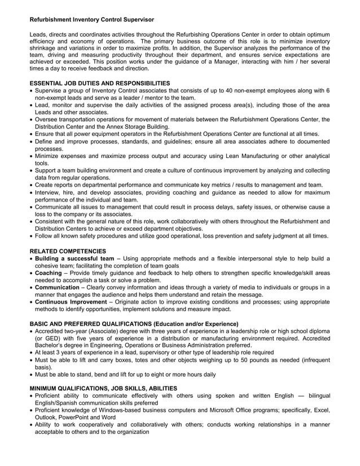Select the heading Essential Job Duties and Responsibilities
tap(99, 83)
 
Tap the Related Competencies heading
tap(67, 251)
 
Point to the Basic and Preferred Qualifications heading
tap(134, 324)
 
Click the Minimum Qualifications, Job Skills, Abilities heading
tap(103, 388)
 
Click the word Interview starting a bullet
tap(50, 192)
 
